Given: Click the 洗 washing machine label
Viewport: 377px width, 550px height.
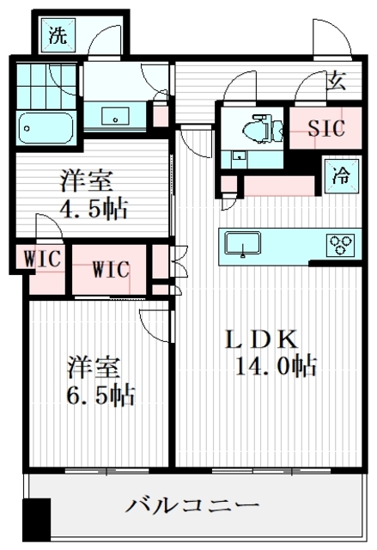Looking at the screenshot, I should [58, 36].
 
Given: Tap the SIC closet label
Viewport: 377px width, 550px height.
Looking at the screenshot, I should [326, 129].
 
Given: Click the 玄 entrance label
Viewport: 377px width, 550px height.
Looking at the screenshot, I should [337, 82].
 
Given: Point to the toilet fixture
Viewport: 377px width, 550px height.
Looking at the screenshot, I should [255, 129].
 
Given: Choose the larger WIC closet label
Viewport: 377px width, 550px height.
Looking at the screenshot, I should [111, 270].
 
